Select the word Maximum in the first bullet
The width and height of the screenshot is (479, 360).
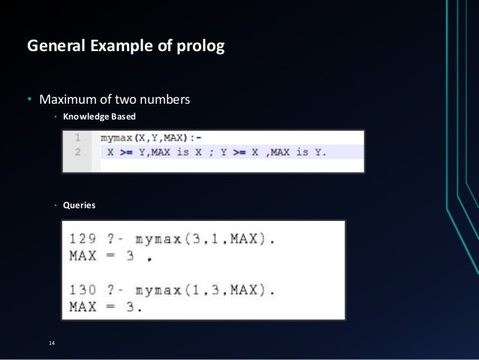coord(68,100)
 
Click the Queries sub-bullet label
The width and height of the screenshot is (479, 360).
coord(79,204)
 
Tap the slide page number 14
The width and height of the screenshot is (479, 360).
coord(51,343)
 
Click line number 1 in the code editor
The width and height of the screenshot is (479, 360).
coord(77,138)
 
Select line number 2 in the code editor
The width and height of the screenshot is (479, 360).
coord(77,152)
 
